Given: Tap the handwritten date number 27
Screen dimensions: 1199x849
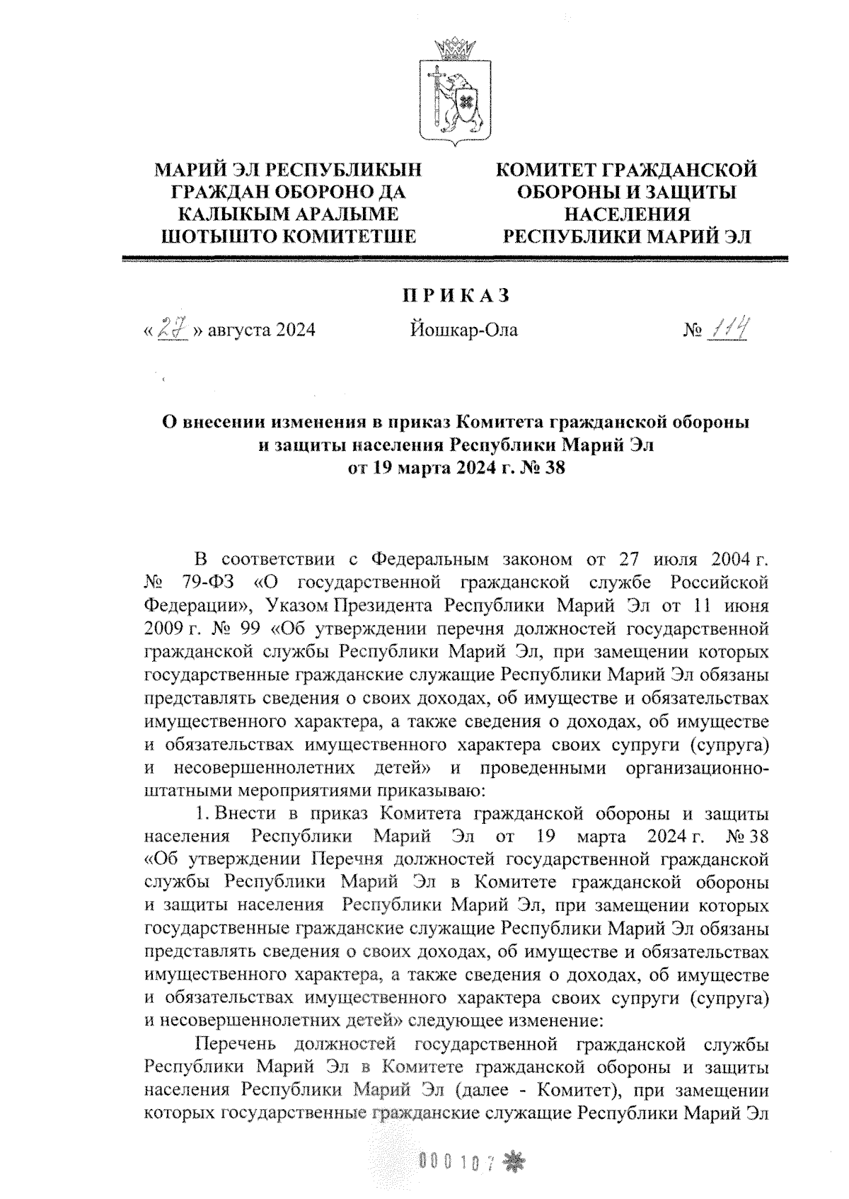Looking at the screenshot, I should pos(172,329).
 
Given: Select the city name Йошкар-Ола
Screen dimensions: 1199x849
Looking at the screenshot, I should pos(463,330).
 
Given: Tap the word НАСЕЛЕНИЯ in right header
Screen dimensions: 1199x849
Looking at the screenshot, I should pos(626,214).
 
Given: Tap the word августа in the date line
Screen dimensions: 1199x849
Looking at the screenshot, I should pos(236,331).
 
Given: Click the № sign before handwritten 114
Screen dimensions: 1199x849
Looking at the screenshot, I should pos(692,331).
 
